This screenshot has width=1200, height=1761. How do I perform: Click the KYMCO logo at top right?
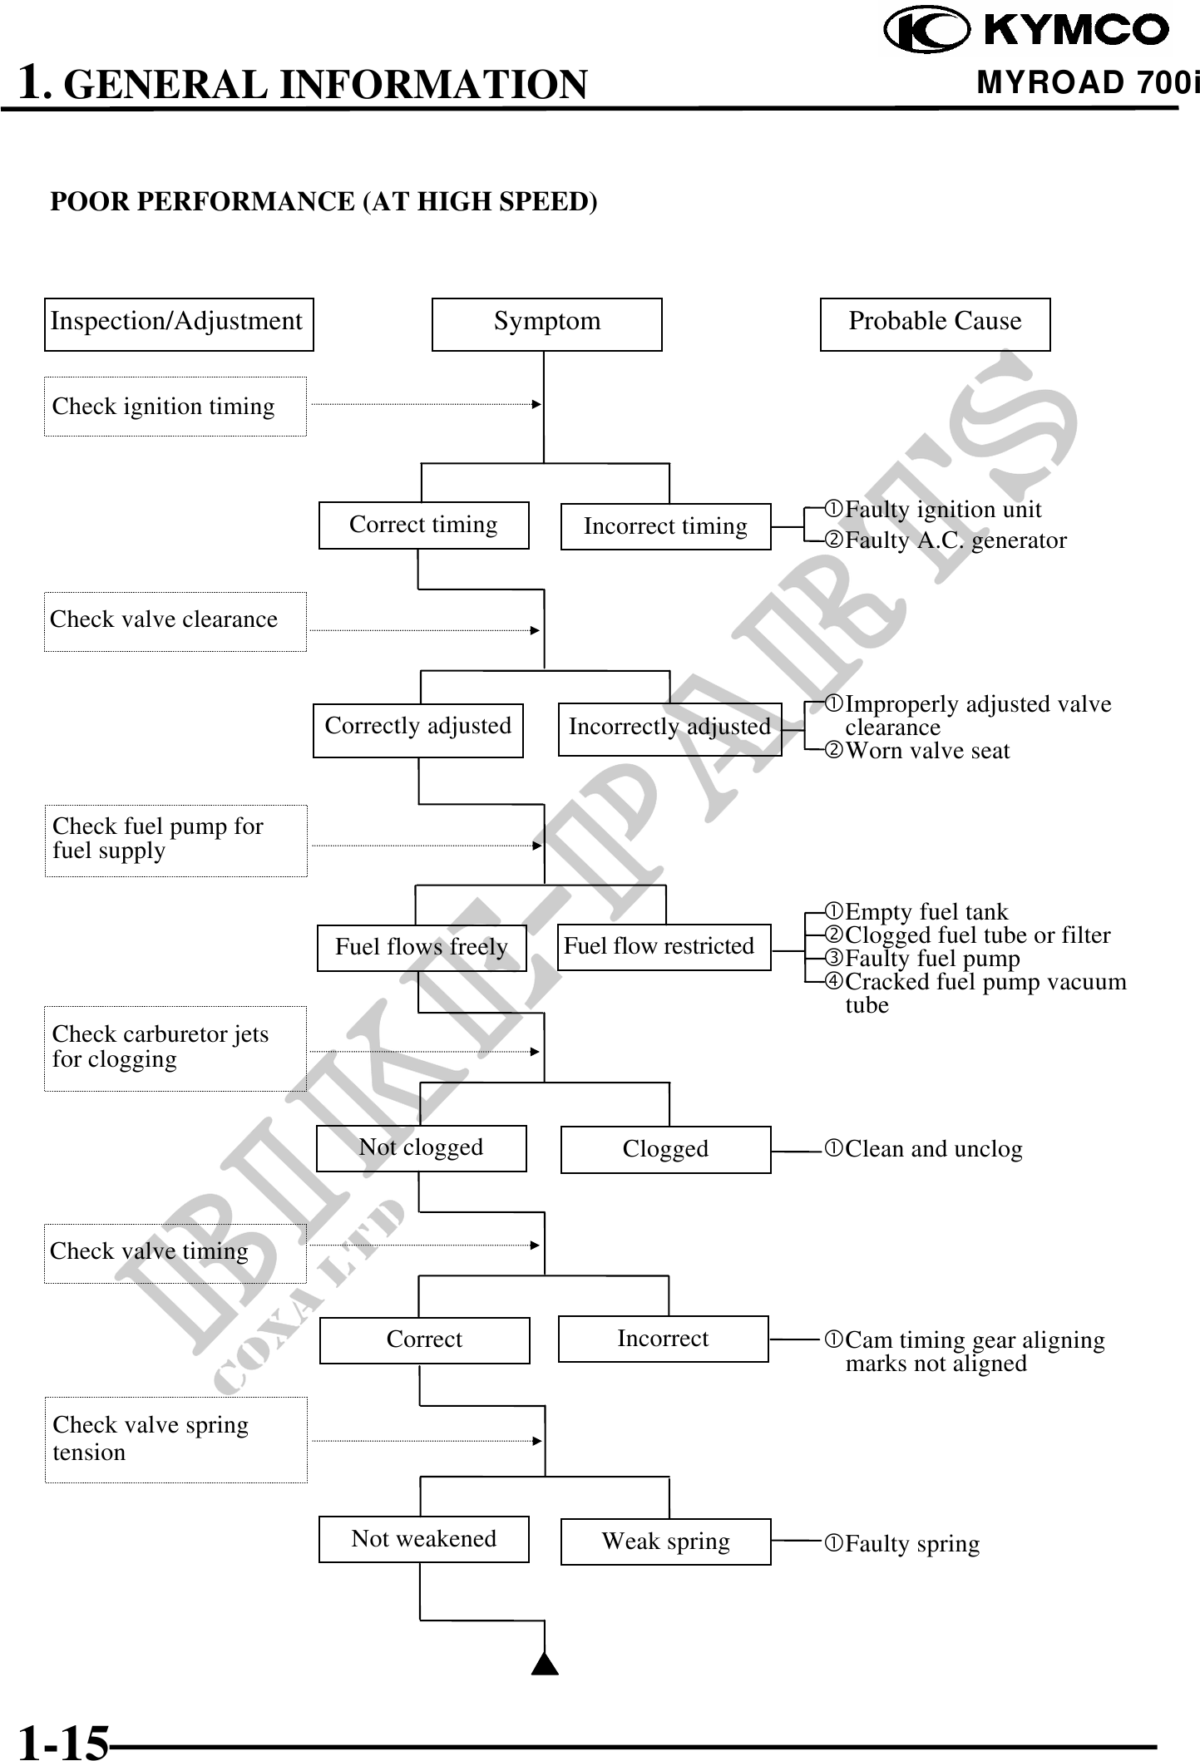[1026, 31]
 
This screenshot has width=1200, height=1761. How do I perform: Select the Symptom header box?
[546, 324]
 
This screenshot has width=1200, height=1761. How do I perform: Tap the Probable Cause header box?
[935, 324]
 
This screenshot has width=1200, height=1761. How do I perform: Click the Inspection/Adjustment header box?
[179, 324]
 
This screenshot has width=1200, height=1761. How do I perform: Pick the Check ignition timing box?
[175, 407]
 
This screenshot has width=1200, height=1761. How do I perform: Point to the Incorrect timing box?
[665, 526]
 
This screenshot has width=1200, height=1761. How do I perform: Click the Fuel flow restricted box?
[664, 947]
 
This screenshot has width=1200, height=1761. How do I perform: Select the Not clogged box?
[421, 1148]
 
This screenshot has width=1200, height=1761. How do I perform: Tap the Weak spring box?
[665, 1541]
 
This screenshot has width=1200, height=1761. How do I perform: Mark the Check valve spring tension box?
[175, 1439]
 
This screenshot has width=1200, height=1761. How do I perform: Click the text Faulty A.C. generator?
[955, 540]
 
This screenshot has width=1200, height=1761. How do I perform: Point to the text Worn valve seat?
[926, 751]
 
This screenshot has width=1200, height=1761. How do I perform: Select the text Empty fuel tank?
[926, 912]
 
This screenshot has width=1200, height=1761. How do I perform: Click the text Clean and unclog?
[933, 1149]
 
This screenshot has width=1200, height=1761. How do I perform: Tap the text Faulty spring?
[911, 1544]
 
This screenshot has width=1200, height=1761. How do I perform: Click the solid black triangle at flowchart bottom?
[545, 1663]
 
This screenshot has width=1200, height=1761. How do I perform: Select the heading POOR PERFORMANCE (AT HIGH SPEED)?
[323, 202]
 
